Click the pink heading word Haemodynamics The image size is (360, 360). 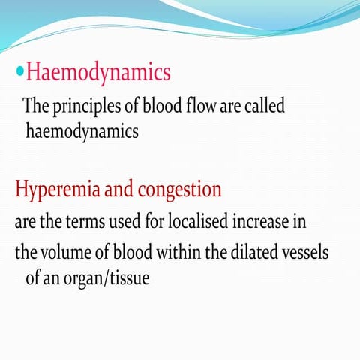point(98,73)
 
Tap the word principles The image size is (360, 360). point(85,106)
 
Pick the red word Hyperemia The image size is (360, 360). point(56,190)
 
